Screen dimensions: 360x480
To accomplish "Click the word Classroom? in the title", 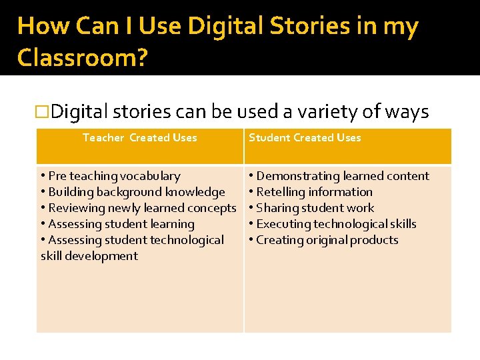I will click(79, 57).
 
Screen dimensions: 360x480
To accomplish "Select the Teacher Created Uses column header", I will click(139, 138).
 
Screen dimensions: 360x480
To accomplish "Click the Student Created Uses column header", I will click(305, 138).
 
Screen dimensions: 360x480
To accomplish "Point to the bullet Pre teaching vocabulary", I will click(111, 176).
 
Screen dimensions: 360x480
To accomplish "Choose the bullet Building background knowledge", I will click(133, 192).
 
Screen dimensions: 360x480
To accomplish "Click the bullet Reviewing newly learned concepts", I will click(139, 208).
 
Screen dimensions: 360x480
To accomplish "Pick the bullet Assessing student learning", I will click(117, 224).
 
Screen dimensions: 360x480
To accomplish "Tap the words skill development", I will click(89, 256).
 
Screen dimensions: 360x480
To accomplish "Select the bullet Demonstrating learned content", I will click(339, 176).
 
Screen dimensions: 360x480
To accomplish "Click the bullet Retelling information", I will click(311, 192).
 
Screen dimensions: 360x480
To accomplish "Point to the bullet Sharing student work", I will click(311, 208).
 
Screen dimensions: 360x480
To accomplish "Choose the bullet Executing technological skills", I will click(333, 224).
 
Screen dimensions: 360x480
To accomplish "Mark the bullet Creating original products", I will click(323, 240).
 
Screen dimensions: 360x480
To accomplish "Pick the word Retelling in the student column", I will click(281, 192).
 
